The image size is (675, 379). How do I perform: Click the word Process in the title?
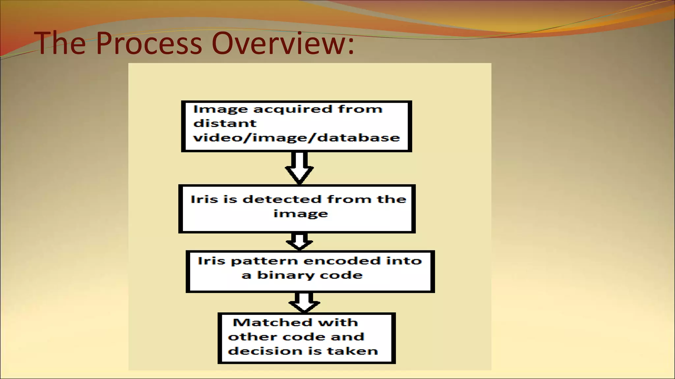pos(149,43)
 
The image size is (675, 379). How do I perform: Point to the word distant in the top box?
pos(224,123)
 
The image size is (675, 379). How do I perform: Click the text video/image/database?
pos(296,138)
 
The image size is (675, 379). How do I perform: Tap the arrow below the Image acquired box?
pos(299,168)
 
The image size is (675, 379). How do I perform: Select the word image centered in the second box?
pos(301,214)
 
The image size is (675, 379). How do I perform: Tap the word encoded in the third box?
pos(342,261)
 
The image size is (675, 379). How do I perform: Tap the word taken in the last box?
pos(352,351)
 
